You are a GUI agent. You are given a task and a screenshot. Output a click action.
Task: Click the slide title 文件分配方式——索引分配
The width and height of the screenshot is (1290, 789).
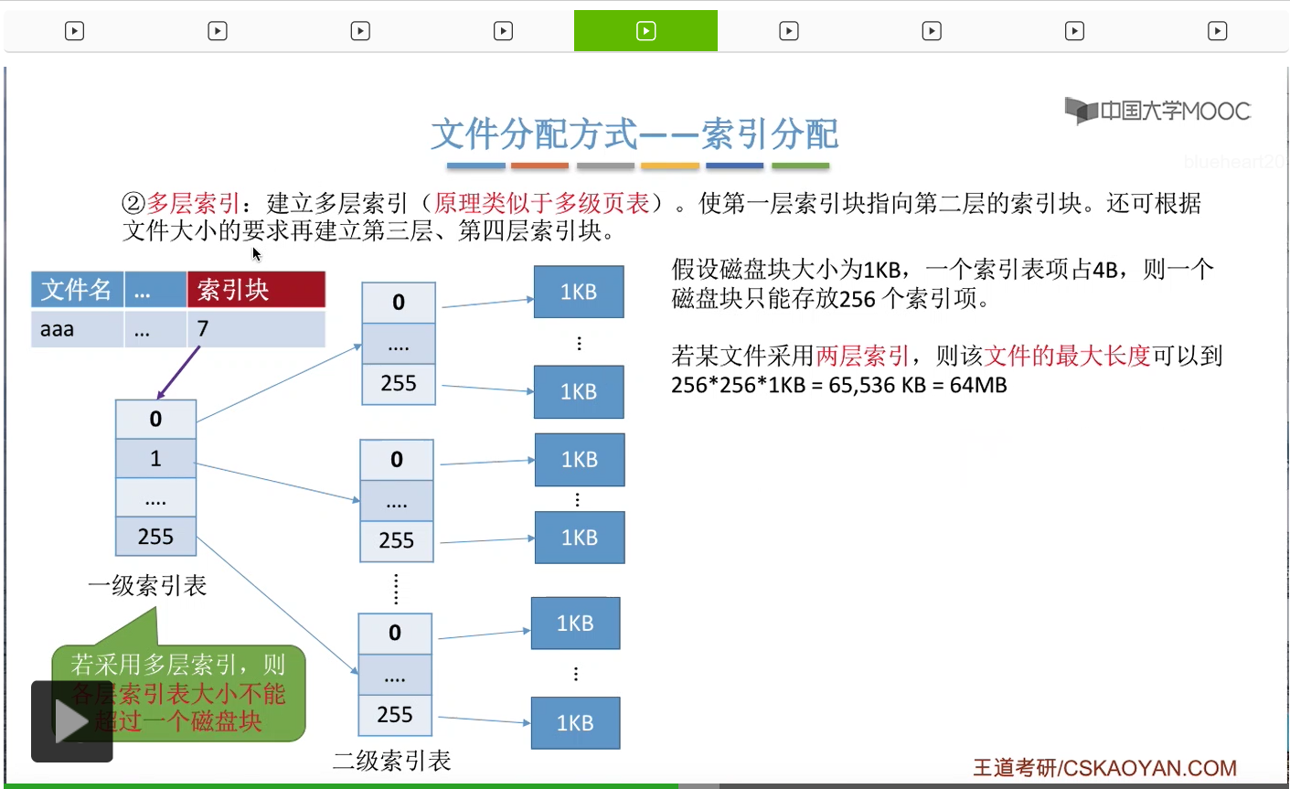pyautogui.click(x=634, y=134)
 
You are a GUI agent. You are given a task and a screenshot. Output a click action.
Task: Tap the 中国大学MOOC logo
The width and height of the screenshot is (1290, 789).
pyautogui.click(x=1157, y=112)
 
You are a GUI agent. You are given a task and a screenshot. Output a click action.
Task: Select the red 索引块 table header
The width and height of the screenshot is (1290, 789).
pyautogui.click(x=256, y=290)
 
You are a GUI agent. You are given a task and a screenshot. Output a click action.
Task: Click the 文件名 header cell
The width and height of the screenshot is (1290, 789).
pyautogui.click(x=77, y=290)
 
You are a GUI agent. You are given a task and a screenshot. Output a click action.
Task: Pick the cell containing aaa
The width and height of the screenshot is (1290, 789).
pyautogui.click(x=77, y=329)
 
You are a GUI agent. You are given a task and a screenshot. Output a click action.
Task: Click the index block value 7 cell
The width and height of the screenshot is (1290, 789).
pyautogui.click(x=256, y=329)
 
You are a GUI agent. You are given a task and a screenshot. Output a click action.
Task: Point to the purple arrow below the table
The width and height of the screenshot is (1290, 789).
pyautogui.click(x=178, y=372)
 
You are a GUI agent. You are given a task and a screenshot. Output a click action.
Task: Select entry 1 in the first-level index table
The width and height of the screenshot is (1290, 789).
pyautogui.click(x=155, y=458)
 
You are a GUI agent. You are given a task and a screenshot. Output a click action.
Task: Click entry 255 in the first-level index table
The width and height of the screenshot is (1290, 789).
pyautogui.click(x=155, y=537)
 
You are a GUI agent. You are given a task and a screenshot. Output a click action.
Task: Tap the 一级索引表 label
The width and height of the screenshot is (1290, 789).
pyautogui.click(x=147, y=586)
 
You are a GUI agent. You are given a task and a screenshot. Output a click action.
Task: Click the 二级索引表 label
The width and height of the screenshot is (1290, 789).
pyautogui.click(x=392, y=761)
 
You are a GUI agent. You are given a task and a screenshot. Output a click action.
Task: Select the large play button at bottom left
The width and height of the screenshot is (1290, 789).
pyautogui.click(x=72, y=721)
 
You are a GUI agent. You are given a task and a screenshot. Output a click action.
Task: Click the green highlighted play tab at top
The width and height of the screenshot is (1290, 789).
pyautogui.click(x=645, y=31)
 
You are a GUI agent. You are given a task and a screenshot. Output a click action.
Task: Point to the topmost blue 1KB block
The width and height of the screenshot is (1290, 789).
pyautogui.click(x=579, y=292)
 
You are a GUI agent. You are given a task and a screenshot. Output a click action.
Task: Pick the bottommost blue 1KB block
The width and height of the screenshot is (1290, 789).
pyautogui.click(x=575, y=723)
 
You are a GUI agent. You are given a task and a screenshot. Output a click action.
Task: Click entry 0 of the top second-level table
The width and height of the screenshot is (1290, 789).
pyautogui.click(x=399, y=303)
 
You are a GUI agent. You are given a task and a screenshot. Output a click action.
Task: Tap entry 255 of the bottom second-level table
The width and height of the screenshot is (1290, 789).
pyautogui.click(x=395, y=715)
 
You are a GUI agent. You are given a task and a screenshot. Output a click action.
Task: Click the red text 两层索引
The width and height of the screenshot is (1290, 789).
pyautogui.click(x=863, y=356)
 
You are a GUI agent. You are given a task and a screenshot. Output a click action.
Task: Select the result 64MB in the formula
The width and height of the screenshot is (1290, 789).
pyautogui.click(x=978, y=385)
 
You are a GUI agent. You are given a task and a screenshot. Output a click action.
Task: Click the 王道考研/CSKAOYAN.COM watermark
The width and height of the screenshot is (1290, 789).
pyautogui.click(x=1104, y=768)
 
